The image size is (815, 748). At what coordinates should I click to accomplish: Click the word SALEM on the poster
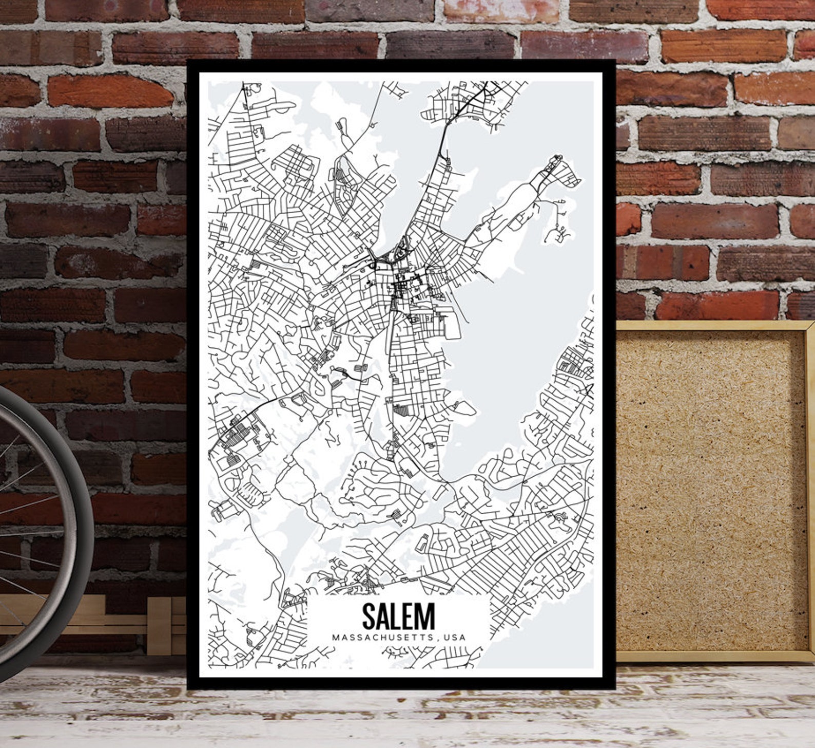click(x=398, y=616)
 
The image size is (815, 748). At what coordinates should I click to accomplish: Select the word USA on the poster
click(x=455, y=638)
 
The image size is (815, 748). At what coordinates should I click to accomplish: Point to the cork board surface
click(x=708, y=488)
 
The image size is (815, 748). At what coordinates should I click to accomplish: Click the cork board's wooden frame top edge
click(x=713, y=325)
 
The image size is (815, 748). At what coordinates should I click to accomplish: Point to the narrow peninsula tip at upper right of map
click(x=555, y=159)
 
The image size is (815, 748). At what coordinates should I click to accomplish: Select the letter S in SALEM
click(x=368, y=616)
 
